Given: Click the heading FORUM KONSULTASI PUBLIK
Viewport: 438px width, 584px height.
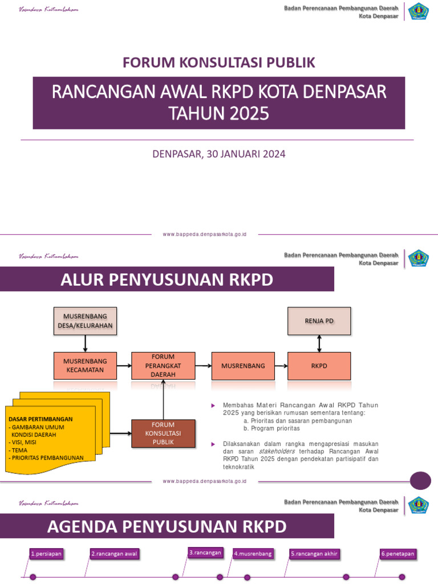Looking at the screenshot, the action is point(219,62).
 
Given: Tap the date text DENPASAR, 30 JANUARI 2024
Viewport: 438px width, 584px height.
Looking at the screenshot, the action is point(219,153).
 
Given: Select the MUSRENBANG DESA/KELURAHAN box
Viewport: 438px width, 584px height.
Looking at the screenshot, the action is point(85,321).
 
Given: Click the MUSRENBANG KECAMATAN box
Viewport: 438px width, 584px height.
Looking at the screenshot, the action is point(85,366).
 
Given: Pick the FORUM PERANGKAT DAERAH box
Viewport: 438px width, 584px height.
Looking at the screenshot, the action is point(163,366).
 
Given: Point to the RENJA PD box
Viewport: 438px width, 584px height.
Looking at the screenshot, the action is point(319,321).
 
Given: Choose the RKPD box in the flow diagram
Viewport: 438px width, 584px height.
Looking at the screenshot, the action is point(319,366).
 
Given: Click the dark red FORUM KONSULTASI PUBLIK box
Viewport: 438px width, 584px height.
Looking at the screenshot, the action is point(163,433).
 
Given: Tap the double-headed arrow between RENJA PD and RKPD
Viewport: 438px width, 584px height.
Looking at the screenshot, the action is point(319,343).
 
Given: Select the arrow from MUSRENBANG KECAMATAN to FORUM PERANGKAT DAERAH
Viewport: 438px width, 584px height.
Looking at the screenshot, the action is point(124,366).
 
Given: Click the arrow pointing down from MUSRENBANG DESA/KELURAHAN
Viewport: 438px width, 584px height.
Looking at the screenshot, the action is point(85,343).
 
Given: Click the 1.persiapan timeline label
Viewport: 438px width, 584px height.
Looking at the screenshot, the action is point(46,553).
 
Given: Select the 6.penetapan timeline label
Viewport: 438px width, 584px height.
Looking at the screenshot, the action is point(398,553).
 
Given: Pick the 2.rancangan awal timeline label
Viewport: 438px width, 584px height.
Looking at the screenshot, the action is point(115,553).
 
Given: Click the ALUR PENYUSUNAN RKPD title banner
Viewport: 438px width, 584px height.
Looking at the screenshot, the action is point(167,280).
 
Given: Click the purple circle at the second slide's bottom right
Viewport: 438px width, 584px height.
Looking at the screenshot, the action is point(421,480).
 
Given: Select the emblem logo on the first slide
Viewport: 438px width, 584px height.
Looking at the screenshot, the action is point(419,11).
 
